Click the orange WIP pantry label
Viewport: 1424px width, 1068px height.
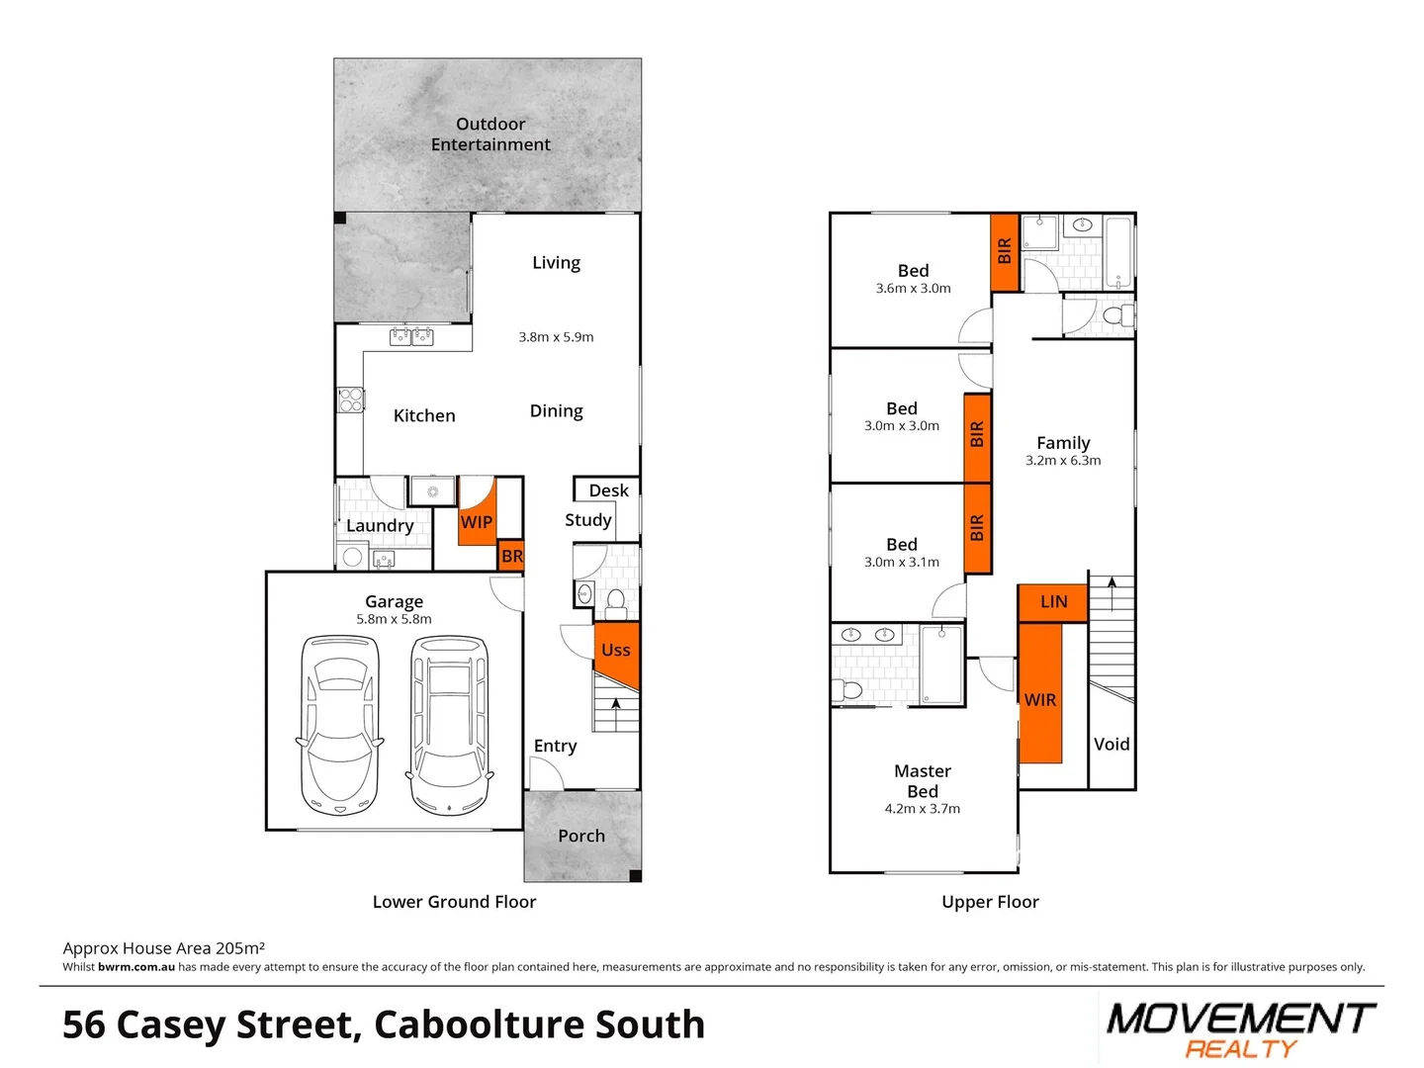pos(476,521)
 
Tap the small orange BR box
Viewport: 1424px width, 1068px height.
pos(511,556)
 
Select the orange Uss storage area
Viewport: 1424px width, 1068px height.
pos(616,650)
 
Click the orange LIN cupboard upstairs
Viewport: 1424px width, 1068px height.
pos(1053,601)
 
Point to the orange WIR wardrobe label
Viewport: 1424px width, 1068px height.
pos(1039,700)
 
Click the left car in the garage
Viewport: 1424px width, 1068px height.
pos(340,725)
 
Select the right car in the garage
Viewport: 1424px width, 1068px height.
pos(450,725)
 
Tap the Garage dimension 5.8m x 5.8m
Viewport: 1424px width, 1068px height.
pos(394,620)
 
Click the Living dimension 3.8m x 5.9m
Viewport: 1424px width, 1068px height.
pos(556,337)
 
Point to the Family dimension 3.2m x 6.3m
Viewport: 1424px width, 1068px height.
pos(1063,461)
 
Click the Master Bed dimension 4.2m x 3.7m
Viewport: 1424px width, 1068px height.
pos(922,809)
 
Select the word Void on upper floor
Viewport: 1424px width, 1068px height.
pos(1112,745)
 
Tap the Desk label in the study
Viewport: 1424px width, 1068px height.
pos(608,490)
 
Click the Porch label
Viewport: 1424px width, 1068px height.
pos(581,836)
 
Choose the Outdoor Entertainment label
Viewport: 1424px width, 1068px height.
pos(490,134)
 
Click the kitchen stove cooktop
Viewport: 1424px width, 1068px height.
pos(351,400)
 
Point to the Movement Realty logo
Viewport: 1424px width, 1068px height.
pos(1240,1029)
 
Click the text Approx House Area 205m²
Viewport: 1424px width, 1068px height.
pos(164,948)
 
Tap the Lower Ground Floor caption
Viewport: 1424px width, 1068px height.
pos(454,902)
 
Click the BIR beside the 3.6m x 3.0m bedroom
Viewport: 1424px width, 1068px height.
pos(1005,251)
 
